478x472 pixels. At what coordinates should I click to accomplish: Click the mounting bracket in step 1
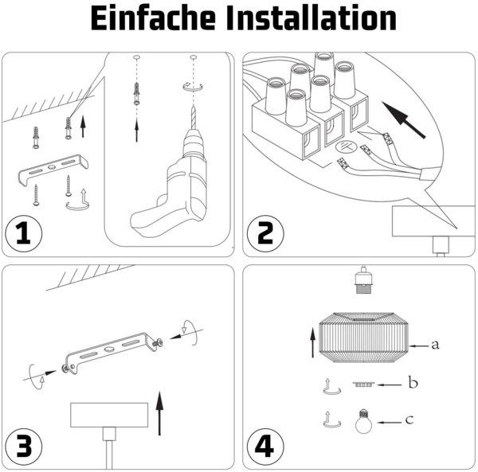pyautogui.click(x=53, y=166)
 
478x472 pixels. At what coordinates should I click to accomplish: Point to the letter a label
pyautogui.click(x=434, y=345)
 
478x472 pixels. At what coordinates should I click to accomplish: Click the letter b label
pyautogui.click(x=413, y=384)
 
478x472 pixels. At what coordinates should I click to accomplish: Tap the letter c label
pyautogui.click(x=409, y=419)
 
